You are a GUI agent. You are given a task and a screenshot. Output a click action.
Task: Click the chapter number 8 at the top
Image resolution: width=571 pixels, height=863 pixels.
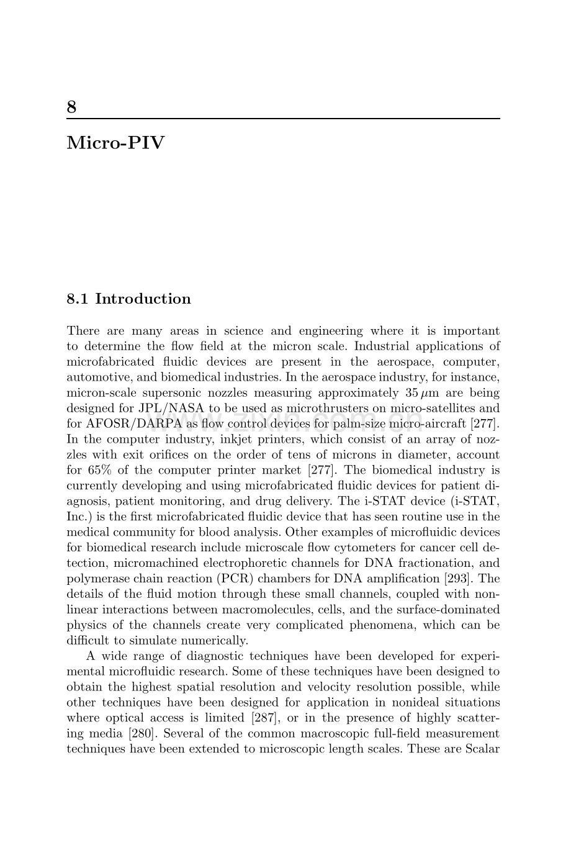click(72, 107)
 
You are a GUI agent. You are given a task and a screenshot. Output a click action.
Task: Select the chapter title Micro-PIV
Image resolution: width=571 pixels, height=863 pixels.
click(116, 143)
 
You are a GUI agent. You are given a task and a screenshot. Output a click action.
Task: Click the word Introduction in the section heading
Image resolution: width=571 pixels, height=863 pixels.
click(143, 299)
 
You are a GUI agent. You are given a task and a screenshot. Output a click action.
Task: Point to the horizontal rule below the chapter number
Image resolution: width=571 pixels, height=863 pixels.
click(283, 119)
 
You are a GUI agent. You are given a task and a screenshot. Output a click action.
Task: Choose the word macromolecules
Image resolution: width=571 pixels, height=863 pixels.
click(273, 610)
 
